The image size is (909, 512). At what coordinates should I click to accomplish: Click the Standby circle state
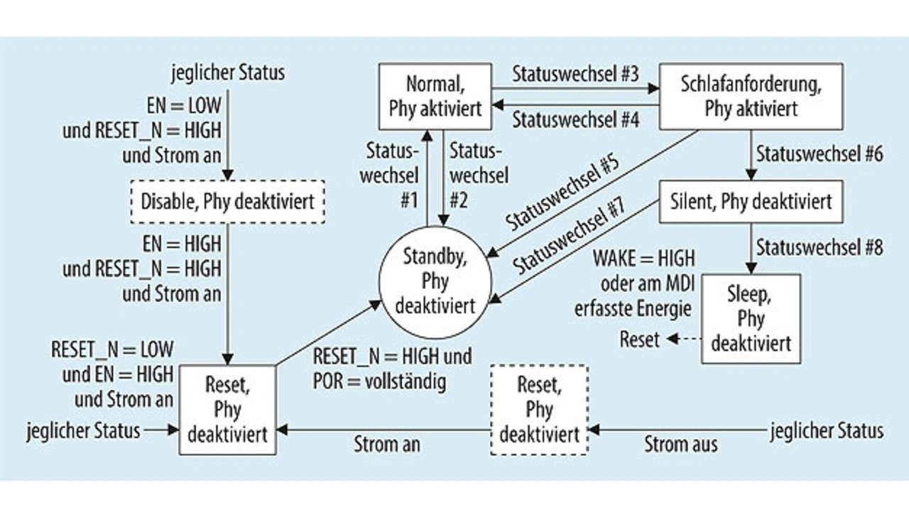point(435,282)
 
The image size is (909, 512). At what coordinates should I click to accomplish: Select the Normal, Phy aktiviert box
point(435,96)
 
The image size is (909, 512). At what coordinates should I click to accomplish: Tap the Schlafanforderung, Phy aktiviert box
point(751,96)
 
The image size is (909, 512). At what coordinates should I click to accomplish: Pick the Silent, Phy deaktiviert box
point(751,202)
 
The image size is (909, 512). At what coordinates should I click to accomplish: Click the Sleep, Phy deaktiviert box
point(751,318)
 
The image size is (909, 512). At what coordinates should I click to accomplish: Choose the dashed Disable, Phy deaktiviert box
point(227,201)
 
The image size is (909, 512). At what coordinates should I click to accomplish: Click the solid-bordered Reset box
point(227,410)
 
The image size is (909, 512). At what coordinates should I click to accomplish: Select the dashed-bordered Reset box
point(539,410)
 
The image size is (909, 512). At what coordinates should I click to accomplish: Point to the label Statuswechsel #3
point(576,73)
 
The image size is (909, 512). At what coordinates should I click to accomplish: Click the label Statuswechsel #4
point(576,119)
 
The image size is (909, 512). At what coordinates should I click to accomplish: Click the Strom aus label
point(680,445)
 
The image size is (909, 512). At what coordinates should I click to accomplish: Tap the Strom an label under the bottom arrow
point(387,445)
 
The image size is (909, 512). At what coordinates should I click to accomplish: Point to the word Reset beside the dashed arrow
point(639,339)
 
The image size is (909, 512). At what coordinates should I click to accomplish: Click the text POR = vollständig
point(379,382)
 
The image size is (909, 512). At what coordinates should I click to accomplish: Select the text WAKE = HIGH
point(644,257)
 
